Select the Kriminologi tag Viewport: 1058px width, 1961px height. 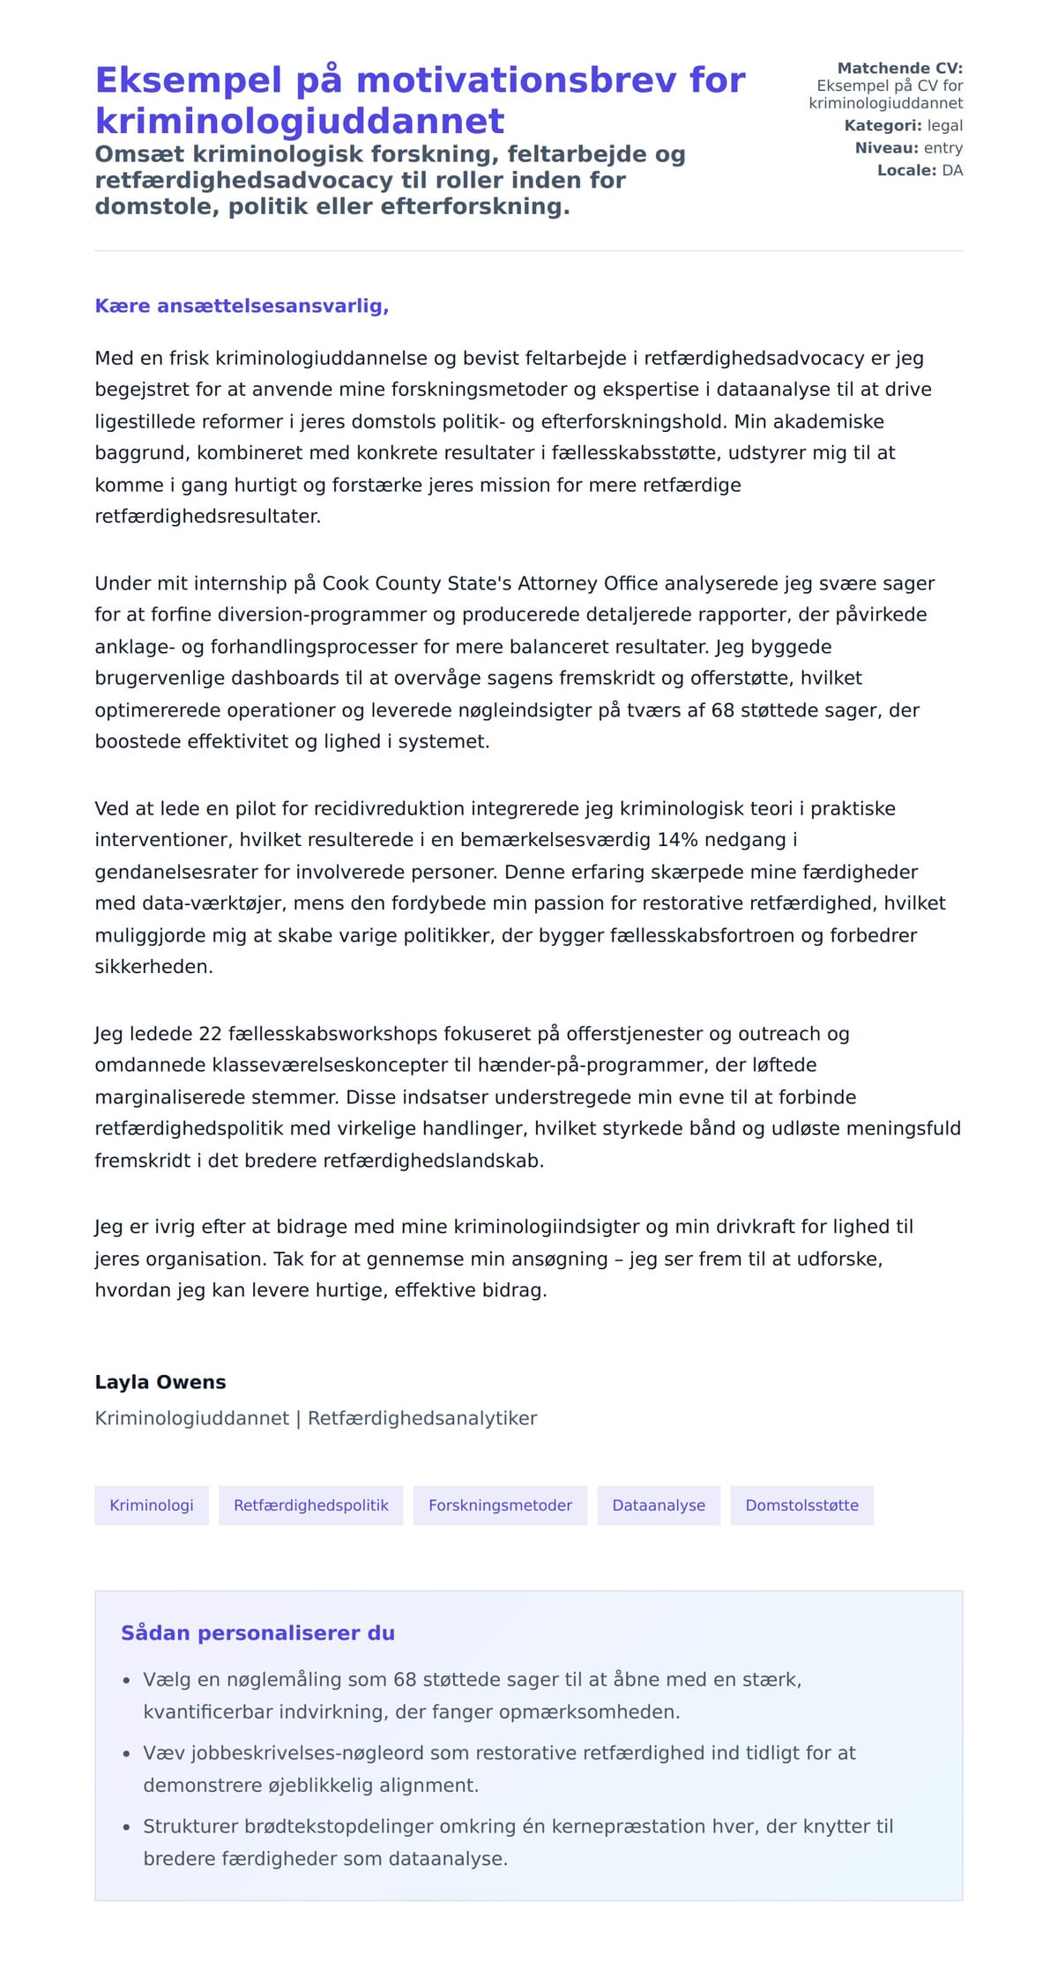tap(152, 1505)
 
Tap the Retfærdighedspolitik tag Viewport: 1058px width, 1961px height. tap(310, 1505)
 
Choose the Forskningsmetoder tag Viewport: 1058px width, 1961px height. tap(500, 1505)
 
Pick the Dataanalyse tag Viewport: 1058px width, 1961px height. tap(659, 1505)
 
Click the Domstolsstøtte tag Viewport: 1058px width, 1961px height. tap(801, 1505)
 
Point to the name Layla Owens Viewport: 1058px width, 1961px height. tap(160, 1382)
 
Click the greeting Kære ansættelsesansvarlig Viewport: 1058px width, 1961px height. tap(242, 306)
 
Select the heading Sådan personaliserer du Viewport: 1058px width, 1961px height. tap(257, 1633)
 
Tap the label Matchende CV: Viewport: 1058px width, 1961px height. tap(899, 68)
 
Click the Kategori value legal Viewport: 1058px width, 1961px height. tap(944, 126)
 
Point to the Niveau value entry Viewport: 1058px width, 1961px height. tap(943, 148)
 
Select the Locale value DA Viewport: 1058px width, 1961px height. tap(952, 170)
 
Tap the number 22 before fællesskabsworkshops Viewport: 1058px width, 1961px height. tap(211, 1034)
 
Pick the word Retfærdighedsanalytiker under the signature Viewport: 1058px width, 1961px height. tap(421, 1419)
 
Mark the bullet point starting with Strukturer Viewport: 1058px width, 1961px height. tap(126, 1828)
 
